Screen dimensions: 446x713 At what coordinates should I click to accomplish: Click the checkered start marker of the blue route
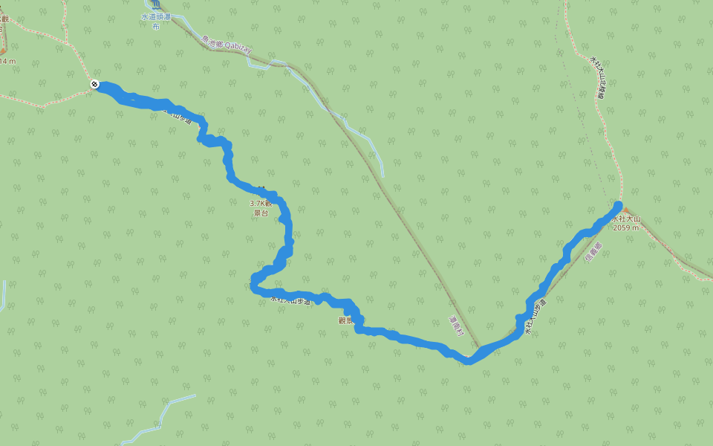tap(95, 84)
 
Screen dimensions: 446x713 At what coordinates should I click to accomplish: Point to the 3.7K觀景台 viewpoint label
tap(261, 207)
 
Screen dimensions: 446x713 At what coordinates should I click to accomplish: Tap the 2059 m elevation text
tap(625, 228)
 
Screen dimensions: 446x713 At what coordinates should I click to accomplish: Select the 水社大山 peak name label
tap(625, 219)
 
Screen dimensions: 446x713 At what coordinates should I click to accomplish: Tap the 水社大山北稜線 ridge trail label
tap(597, 77)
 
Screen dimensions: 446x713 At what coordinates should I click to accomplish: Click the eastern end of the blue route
tap(618, 205)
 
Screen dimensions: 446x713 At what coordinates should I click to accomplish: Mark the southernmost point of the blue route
tap(468, 361)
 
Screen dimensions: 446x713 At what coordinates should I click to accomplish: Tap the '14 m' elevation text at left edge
tap(7, 61)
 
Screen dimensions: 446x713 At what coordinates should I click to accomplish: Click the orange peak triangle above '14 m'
tap(2, 51)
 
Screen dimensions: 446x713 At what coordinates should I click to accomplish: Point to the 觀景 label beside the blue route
tap(344, 320)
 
